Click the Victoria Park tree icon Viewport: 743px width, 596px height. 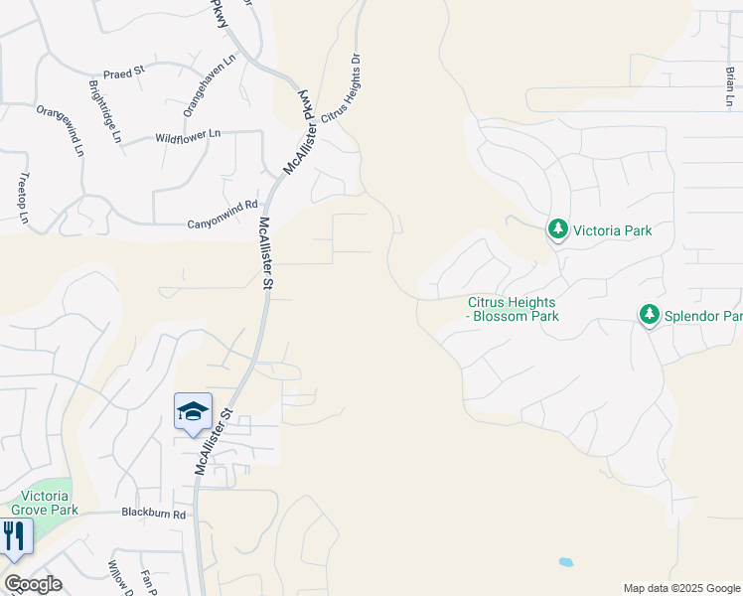(558, 230)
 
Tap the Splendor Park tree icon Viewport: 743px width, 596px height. (650, 315)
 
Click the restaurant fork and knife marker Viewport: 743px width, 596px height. (14, 536)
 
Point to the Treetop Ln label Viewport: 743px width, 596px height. (24, 198)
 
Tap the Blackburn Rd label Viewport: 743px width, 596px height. (154, 514)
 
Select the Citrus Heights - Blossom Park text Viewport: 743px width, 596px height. (514, 309)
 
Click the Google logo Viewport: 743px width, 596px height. (33, 584)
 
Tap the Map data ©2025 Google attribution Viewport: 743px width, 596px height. (680, 588)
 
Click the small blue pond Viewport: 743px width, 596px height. (565, 561)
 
